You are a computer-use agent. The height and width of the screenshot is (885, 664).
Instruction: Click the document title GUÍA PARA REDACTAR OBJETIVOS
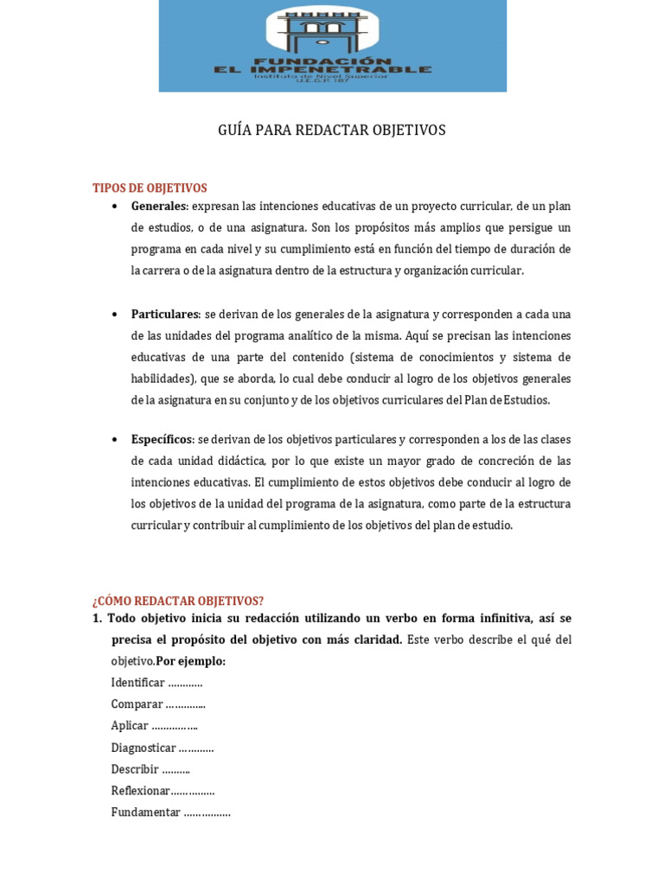tap(332, 131)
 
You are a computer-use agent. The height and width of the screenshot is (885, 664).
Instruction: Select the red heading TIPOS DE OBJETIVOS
tap(150, 188)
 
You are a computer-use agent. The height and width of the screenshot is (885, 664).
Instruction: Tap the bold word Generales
tap(158, 207)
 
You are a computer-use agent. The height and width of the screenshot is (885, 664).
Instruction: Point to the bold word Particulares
tap(164, 315)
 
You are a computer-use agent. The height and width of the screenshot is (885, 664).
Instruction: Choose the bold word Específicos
tap(161, 440)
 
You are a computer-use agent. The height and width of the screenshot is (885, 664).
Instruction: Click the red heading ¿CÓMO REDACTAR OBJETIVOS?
tap(178, 601)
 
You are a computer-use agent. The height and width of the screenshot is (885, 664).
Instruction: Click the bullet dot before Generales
tap(115, 207)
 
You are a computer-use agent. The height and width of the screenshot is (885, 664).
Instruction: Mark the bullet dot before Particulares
tap(115, 315)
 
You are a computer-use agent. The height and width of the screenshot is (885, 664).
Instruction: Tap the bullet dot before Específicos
tap(115, 440)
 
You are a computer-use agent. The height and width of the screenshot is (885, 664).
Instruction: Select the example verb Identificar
tap(137, 683)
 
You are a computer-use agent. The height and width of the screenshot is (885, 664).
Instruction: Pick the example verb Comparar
tap(137, 704)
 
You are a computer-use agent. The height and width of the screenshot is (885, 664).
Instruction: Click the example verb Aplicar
tap(130, 726)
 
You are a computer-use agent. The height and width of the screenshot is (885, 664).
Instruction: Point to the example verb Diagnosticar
tap(144, 748)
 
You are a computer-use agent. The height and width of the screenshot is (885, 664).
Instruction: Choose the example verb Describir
tap(135, 769)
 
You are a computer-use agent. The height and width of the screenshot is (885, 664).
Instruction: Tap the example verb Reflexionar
tap(140, 791)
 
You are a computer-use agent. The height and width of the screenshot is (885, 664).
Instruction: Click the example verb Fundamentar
tap(145, 812)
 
